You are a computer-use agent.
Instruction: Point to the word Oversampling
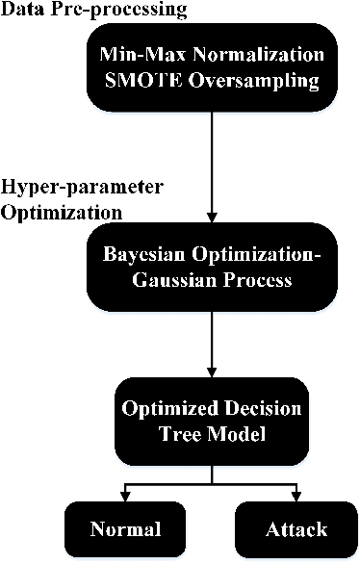pos(258,82)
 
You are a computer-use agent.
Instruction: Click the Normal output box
pos(124,529)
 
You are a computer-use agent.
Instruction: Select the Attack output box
pos(295,529)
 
